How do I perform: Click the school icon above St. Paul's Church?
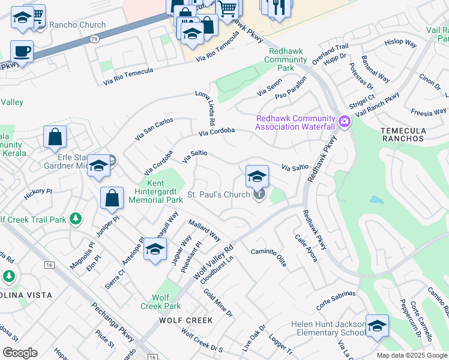tap(257, 176)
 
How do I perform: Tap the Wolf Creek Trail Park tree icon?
tap(75, 219)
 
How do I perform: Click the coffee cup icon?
tap(22, 51)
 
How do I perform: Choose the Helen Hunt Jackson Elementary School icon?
tap(377, 326)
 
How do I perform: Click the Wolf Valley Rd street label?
tap(213, 260)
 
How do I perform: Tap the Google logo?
tap(20, 353)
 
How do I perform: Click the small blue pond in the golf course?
tap(377, 199)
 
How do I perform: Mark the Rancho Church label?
tap(77, 25)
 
